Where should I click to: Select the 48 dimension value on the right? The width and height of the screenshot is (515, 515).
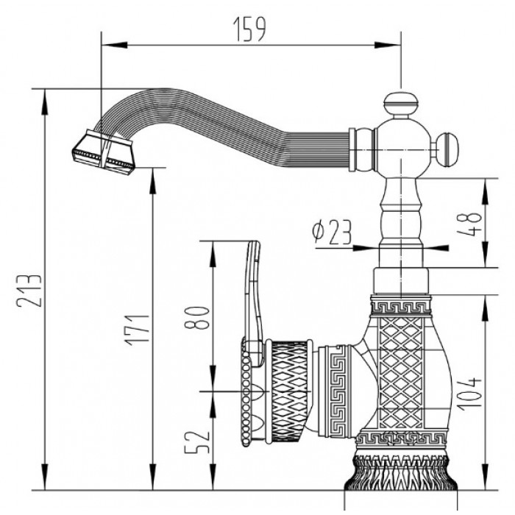click(x=472, y=220)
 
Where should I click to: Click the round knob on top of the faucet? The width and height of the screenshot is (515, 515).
click(x=400, y=102)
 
